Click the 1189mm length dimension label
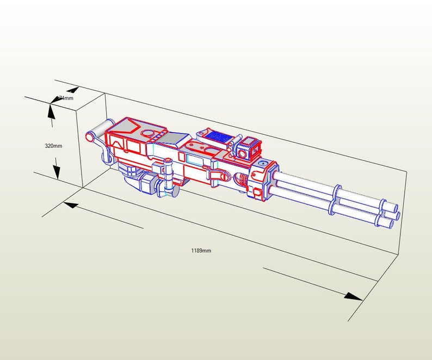point(201,251)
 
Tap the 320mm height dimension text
point(53,146)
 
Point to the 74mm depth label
point(65,98)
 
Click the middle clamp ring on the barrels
point(338,198)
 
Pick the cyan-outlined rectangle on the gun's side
point(193,159)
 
